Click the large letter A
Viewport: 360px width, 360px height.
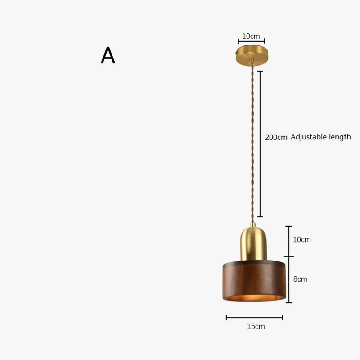pyautogui.click(x=108, y=55)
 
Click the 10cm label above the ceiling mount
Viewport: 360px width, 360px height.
pyautogui.click(x=251, y=36)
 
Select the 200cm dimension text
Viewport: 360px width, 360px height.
pyautogui.click(x=276, y=137)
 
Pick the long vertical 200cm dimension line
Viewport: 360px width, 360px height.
pyautogui.click(x=260, y=144)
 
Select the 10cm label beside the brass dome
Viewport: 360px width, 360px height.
pyautogui.click(x=301, y=239)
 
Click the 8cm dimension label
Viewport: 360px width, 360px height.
pyautogui.click(x=300, y=279)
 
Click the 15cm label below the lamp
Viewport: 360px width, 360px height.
pyautogui.click(x=256, y=326)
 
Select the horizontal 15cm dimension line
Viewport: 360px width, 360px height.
pyautogui.click(x=254, y=318)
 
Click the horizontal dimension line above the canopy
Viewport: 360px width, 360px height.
pyautogui.click(x=251, y=42)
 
